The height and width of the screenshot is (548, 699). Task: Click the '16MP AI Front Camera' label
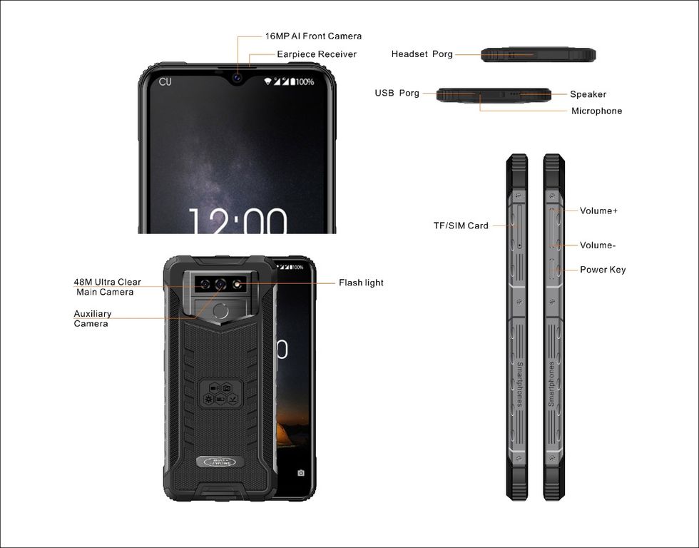tap(313, 36)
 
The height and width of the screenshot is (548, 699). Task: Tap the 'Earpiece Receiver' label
tap(317, 54)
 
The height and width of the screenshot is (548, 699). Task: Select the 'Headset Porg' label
tap(422, 54)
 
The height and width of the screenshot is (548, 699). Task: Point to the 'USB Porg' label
tap(397, 93)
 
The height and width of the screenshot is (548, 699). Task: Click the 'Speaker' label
tap(588, 94)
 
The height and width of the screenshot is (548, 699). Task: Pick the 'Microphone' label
tap(596, 111)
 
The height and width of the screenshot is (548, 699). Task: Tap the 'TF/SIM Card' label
tap(461, 225)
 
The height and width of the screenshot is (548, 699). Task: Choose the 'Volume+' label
tap(598, 210)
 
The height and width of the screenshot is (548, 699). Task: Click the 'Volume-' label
tap(598, 245)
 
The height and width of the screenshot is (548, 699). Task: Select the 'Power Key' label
tap(603, 270)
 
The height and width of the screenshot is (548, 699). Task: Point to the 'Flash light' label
tap(361, 283)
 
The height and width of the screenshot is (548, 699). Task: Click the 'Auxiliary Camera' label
tap(92, 318)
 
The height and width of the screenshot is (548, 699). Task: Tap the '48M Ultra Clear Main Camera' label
tap(107, 287)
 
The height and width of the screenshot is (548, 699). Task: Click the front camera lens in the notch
tap(237, 78)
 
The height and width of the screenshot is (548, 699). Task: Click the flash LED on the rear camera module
tap(238, 284)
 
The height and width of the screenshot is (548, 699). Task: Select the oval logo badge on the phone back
tap(220, 462)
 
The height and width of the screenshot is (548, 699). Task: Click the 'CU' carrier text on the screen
tap(165, 81)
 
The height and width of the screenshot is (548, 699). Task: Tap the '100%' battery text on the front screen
tap(305, 81)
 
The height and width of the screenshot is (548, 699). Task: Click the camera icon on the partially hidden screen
tap(301, 472)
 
